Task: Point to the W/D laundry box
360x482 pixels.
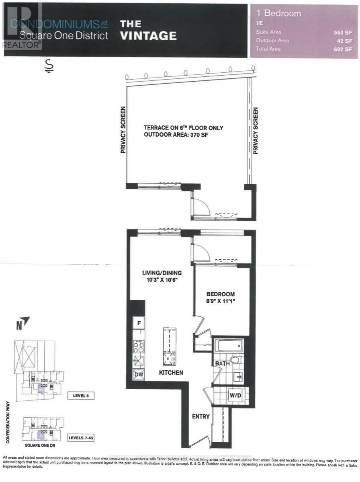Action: coord(235,395)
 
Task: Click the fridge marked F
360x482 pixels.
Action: coord(139,323)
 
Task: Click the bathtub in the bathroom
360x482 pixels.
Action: coord(229,345)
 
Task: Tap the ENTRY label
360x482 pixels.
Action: coord(200,416)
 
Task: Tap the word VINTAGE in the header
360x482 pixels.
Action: coord(148,36)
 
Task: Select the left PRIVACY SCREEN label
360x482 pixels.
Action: coord(123,130)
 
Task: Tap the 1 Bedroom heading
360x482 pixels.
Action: coord(279,13)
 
